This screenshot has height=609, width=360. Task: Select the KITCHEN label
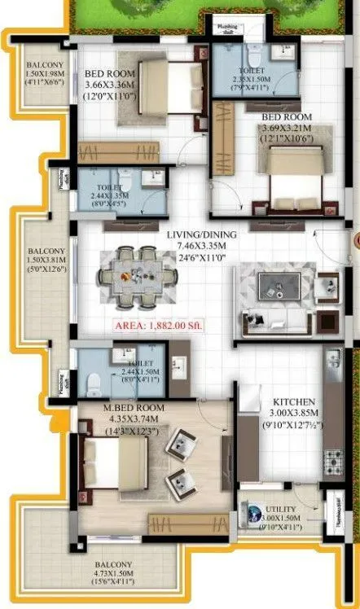coord(289,402)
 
